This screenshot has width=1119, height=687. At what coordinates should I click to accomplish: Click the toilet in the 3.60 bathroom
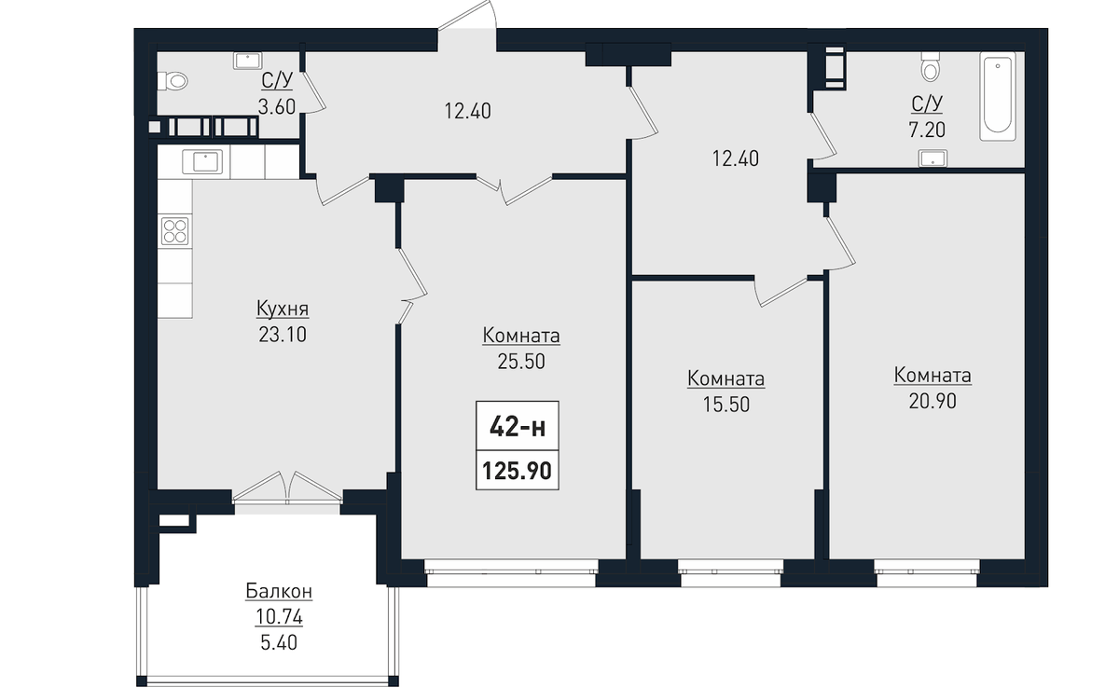pyautogui.click(x=173, y=81)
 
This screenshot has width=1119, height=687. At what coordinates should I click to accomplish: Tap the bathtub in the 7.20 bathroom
pyautogui.click(x=998, y=96)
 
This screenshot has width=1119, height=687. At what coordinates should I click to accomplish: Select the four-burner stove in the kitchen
pyautogui.click(x=175, y=232)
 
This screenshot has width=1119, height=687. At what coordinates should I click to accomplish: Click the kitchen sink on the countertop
pyautogui.click(x=202, y=162)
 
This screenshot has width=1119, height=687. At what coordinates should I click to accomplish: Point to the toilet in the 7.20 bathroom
pyautogui.click(x=931, y=66)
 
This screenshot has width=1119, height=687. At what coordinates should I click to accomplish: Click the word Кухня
pyautogui.click(x=283, y=309)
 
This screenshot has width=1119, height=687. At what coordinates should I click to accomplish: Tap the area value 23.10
pyautogui.click(x=283, y=335)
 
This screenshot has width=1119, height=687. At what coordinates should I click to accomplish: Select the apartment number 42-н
pyautogui.click(x=517, y=427)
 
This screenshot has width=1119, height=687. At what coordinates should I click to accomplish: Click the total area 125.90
pyautogui.click(x=517, y=471)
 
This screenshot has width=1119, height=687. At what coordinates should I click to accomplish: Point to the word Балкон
pyautogui.click(x=279, y=591)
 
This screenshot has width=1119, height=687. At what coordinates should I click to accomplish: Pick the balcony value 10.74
pyautogui.click(x=279, y=617)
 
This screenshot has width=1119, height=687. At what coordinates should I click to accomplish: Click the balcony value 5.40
pyautogui.click(x=279, y=642)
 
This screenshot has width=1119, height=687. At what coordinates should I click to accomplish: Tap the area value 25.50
pyautogui.click(x=521, y=361)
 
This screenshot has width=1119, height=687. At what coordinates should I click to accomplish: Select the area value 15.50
pyautogui.click(x=726, y=405)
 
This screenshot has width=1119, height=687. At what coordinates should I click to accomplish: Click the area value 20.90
pyautogui.click(x=932, y=401)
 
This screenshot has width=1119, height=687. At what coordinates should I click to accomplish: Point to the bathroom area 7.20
pyautogui.click(x=927, y=130)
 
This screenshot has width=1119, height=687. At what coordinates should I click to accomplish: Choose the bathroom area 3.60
pyautogui.click(x=277, y=106)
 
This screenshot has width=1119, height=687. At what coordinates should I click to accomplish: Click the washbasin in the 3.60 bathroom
pyautogui.click(x=247, y=61)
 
